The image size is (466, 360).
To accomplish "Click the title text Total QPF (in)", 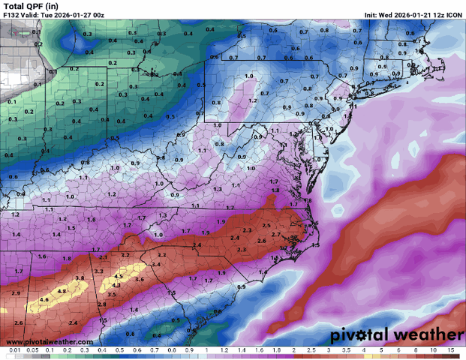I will (31, 6).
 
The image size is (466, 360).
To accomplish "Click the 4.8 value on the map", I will (62, 291).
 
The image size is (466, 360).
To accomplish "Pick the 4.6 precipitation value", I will (44, 300).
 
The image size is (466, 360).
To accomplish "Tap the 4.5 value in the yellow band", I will (116, 286).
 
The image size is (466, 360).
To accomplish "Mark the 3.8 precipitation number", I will (80, 278).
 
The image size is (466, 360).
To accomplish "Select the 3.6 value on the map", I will (140, 280).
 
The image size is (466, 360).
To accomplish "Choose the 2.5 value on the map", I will (266, 226).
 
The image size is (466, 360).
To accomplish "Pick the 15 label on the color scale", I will (450, 351).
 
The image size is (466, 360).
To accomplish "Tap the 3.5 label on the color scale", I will (348, 351).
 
